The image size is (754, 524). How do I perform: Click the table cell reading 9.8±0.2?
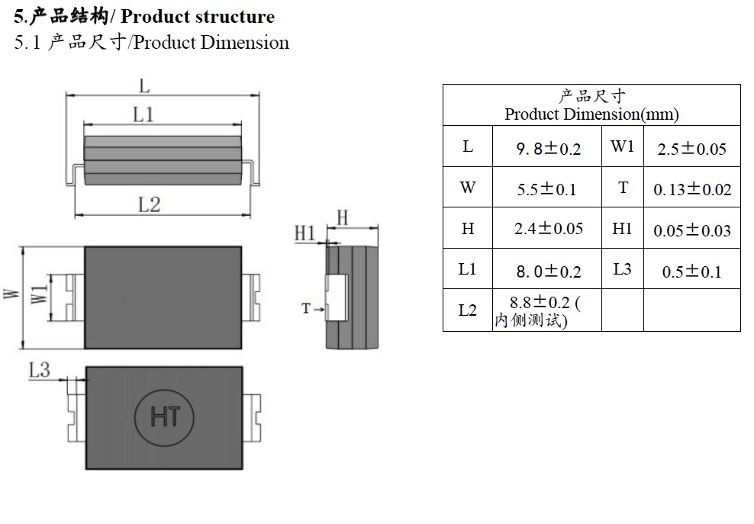[548, 149]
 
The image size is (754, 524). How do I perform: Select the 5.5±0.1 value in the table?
[546, 189]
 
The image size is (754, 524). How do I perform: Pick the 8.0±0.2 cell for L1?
[548, 271]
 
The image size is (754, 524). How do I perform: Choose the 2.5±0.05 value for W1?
[691, 149]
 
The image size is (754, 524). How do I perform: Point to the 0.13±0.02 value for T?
[691, 189]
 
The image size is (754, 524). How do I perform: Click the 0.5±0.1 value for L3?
[691, 272]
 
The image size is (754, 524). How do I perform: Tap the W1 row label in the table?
[622, 146]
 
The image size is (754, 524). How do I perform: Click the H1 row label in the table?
[622, 228]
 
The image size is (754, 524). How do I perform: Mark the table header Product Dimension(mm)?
[591, 114]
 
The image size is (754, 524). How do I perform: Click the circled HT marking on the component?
[165, 416]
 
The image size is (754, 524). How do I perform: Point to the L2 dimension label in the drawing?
[149, 204]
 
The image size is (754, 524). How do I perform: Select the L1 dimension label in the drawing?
[144, 114]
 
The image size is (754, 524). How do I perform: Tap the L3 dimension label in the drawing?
[39, 371]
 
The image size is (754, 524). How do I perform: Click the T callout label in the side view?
[306, 308]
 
